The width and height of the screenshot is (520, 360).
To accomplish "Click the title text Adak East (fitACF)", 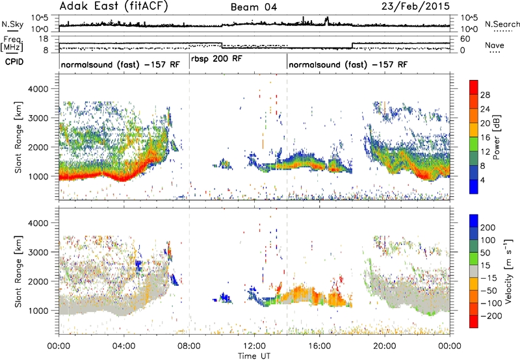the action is (x=114, y=6).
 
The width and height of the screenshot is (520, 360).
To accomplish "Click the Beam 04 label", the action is (x=253, y=7).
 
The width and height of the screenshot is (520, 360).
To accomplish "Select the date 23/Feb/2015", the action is (x=415, y=6).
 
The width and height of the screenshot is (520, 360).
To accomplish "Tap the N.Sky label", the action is (x=12, y=24).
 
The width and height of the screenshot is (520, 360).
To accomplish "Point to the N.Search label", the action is (x=502, y=24).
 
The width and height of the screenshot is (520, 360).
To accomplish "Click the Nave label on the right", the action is (x=495, y=45).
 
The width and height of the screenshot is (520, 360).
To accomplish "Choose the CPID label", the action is (x=14, y=62).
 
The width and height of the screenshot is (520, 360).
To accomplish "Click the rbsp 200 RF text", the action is (x=216, y=59).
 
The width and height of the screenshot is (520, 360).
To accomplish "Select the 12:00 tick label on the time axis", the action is (x=254, y=346).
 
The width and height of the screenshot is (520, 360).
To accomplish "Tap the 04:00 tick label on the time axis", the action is (x=123, y=346).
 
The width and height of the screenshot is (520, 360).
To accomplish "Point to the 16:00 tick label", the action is (x=319, y=346).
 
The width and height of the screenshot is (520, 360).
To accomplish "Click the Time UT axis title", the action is (x=254, y=355).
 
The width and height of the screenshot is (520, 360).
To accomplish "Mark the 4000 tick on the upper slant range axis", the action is (x=38, y=89).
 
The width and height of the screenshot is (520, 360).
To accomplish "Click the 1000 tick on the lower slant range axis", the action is (x=38, y=311).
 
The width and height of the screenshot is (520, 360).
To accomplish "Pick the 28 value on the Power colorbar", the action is (x=485, y=95).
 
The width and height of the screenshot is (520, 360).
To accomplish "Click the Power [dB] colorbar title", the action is (x=497, y=137).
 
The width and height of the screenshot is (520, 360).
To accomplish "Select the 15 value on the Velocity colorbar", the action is (x=486, y=265).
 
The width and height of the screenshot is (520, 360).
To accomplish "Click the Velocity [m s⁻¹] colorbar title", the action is (x=508, y=271).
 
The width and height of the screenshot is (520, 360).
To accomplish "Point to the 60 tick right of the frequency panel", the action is (x=465, y=39).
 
